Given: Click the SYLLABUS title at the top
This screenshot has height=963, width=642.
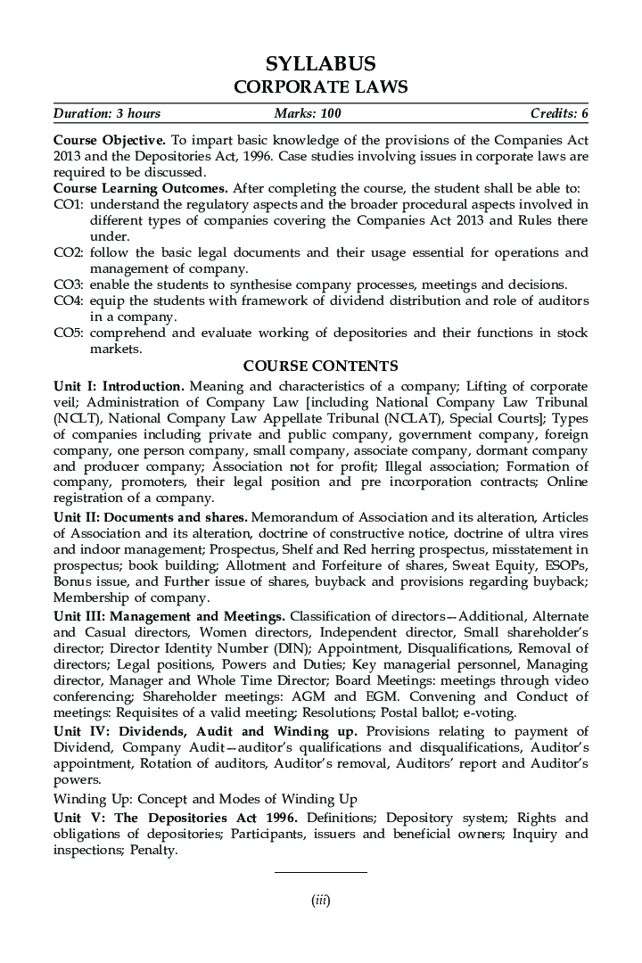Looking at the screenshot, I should [x=321, y=64].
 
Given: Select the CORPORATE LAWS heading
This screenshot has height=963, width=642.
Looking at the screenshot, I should [x=321, y=87].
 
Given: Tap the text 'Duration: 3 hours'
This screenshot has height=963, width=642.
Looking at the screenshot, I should [x=107, y=114].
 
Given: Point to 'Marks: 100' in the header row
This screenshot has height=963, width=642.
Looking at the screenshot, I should [x=309, y=114].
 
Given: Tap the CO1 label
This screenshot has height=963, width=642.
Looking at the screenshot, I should [x=69, y=204].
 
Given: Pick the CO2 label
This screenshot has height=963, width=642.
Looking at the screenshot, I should [x=69, y=252].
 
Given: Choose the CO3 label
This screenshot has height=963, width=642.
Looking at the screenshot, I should [x=69, y=284].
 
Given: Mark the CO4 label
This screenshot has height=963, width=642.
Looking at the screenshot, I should [x=69, y=300].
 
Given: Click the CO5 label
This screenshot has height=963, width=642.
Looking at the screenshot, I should [x=69, y=333].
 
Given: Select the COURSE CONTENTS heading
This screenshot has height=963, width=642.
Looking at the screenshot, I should [x=321, y=366].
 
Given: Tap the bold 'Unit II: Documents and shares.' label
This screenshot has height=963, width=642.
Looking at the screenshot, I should [x=151, y=516].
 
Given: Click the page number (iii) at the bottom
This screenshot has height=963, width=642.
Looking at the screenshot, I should [x=321, y=901].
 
